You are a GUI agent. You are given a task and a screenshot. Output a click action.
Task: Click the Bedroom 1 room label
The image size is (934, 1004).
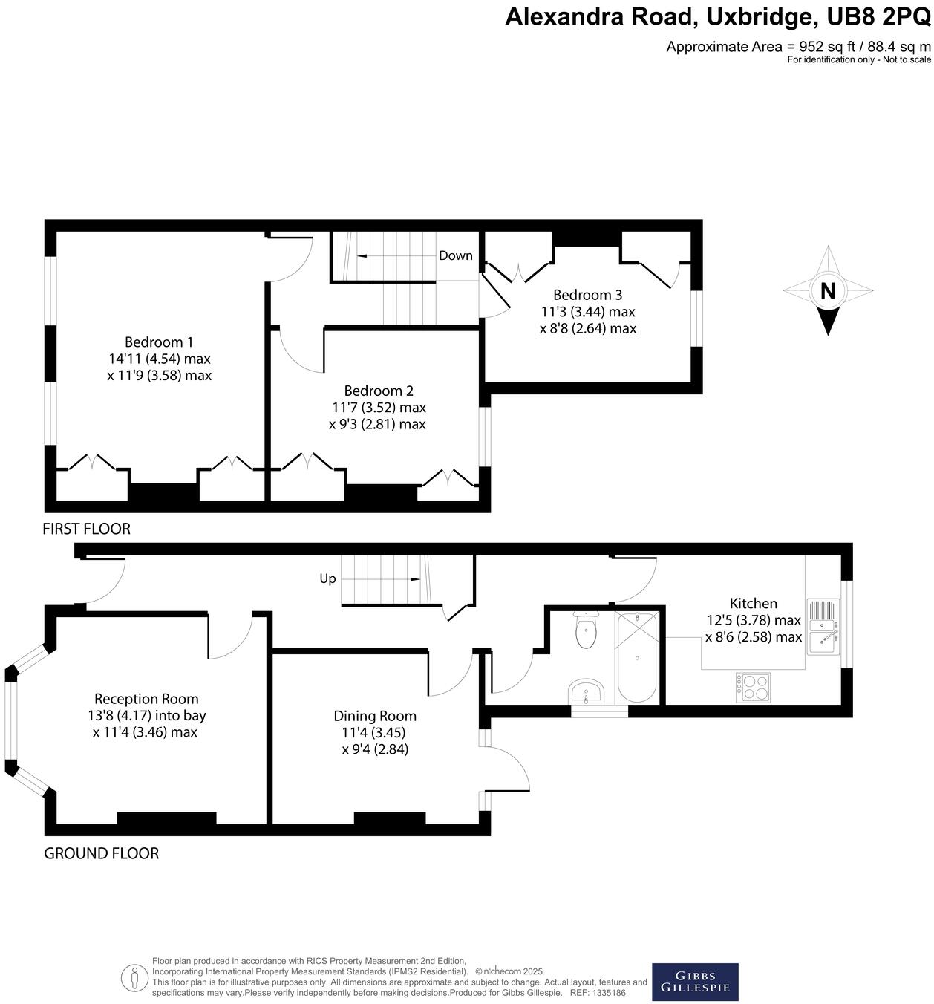(159, 342)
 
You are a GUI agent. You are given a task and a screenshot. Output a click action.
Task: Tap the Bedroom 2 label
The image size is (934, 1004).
(379, 391)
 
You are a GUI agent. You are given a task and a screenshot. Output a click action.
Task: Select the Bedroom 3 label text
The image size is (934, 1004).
(587, 295)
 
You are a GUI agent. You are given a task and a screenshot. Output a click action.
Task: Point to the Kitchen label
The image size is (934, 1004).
(753, 604)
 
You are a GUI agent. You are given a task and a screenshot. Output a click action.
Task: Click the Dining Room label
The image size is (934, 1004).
(375, 716)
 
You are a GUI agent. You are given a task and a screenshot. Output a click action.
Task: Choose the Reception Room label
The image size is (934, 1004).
(146, 699)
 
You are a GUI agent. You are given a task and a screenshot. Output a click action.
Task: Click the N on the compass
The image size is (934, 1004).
(827, 291)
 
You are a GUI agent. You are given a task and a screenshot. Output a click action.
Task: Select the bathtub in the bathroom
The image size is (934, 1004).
(637, 658)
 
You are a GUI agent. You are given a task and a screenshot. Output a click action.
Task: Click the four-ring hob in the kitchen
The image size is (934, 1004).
(753, 687)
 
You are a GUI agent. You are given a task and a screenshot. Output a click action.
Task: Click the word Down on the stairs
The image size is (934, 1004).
(455, 255)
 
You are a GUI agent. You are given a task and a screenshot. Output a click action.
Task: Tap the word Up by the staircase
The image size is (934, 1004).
(327, 578)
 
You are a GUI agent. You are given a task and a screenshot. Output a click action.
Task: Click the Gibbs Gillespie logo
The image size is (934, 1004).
(695, 982)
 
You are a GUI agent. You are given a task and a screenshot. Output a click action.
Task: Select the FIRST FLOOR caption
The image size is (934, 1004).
(86, 529)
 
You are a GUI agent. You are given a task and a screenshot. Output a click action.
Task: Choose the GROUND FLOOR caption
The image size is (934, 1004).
(101, 853)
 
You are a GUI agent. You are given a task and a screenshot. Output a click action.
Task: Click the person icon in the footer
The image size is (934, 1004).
(134, 977)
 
